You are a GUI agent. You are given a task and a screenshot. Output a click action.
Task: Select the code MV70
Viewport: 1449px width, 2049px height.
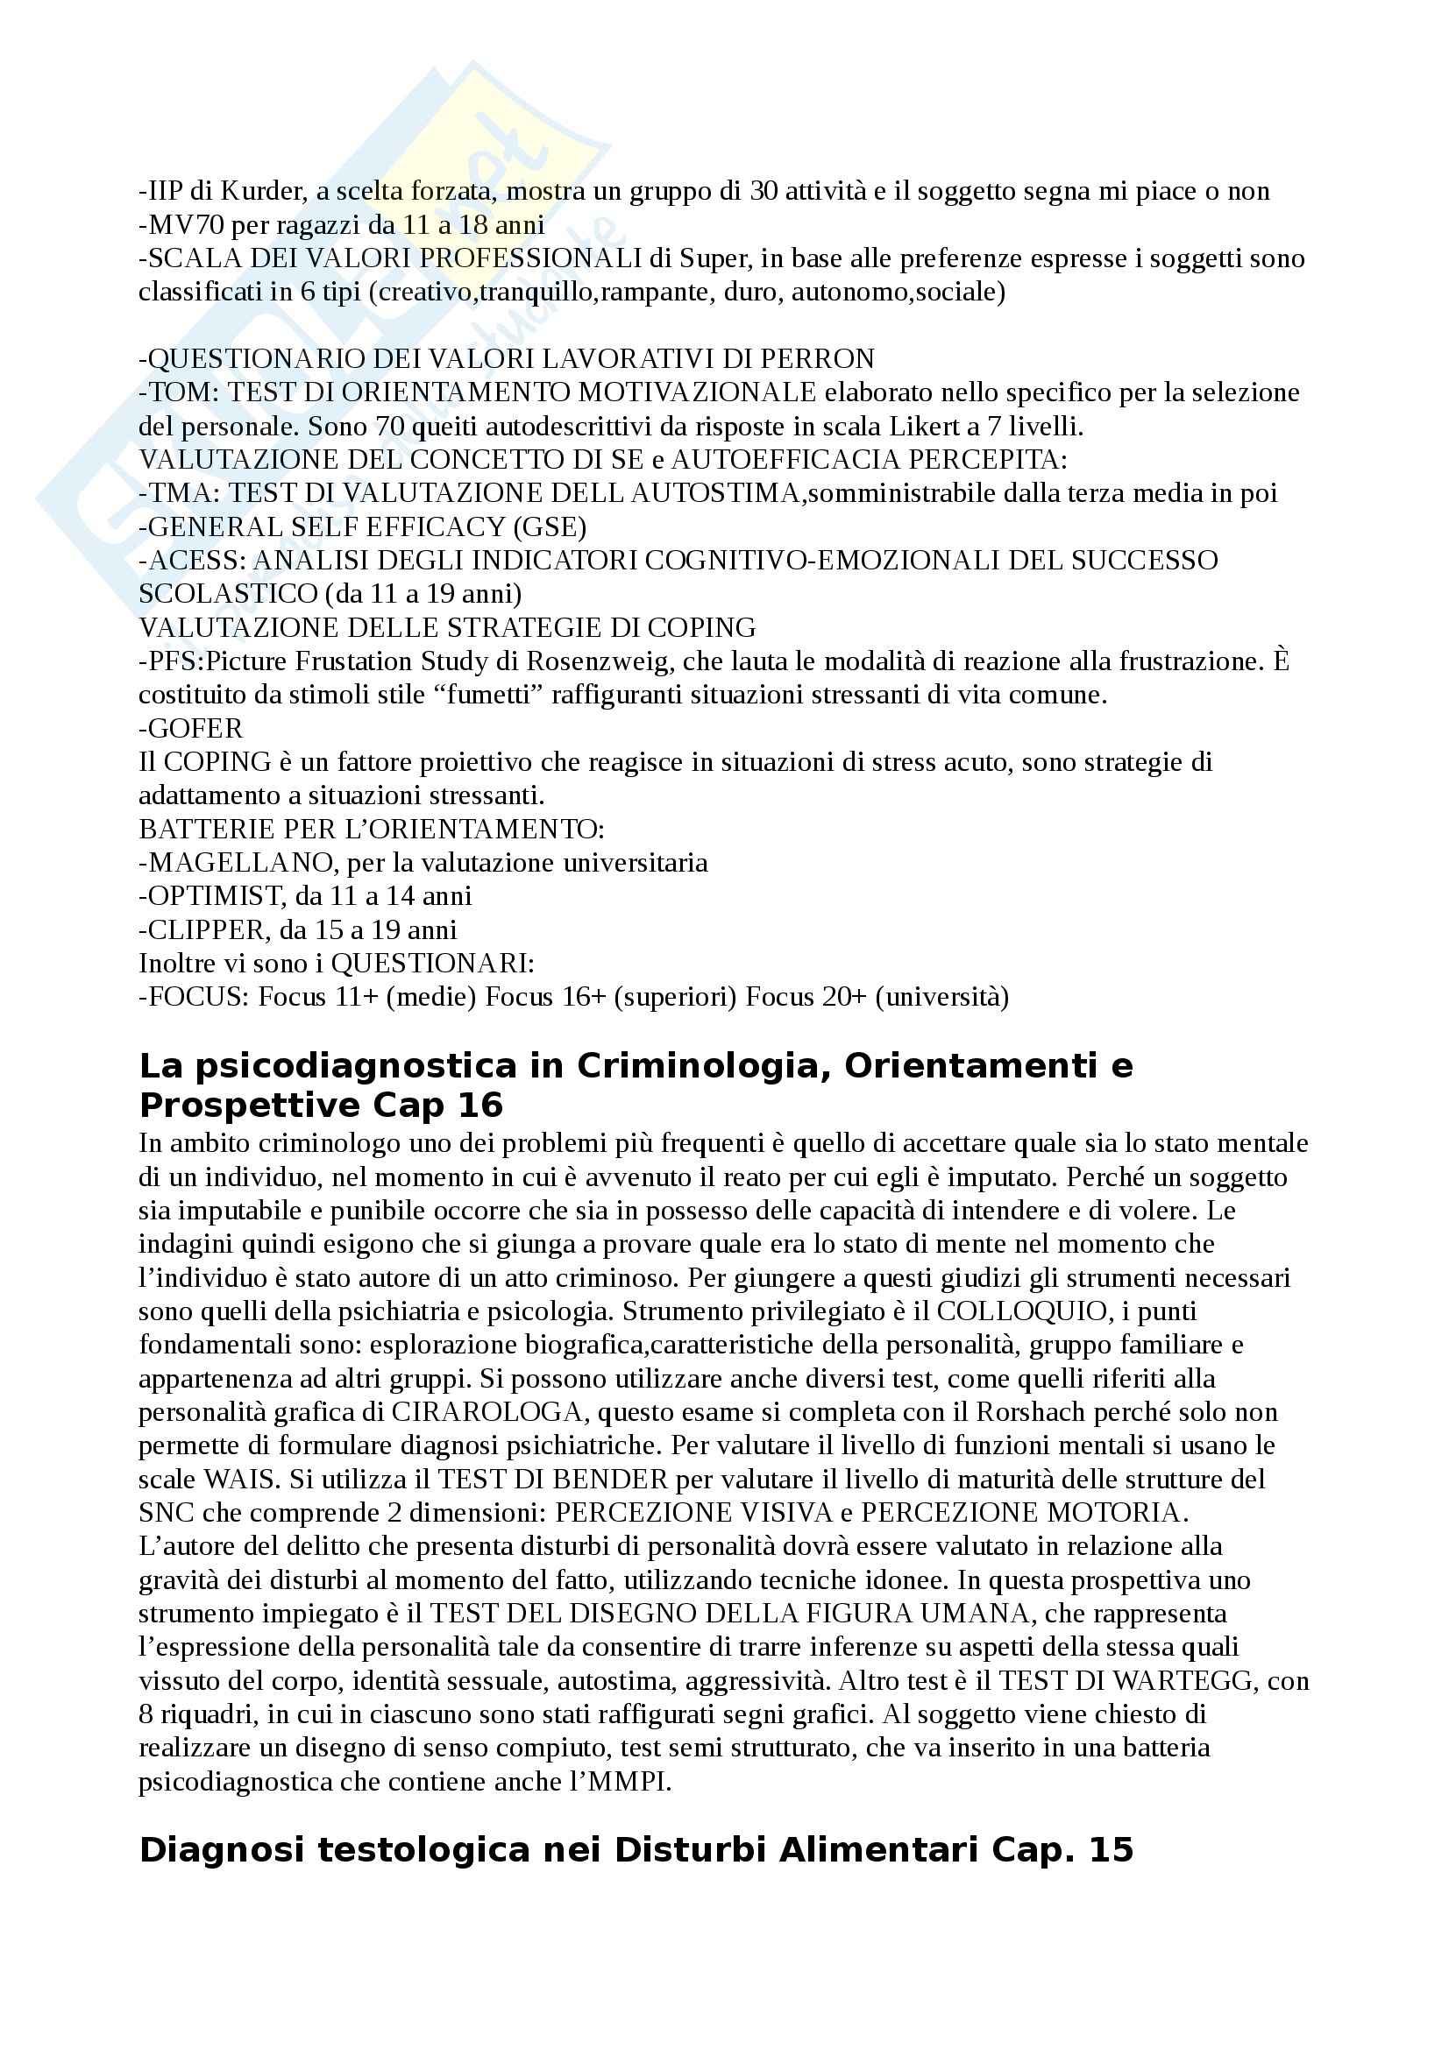click(x=187, y=225)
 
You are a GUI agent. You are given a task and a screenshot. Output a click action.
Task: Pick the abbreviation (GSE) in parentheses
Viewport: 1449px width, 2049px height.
click(x=549, y=527)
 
